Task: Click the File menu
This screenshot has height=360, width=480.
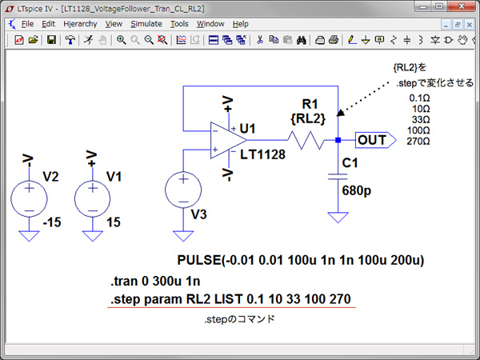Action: [27, 24]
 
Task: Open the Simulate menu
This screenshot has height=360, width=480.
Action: [146, 24]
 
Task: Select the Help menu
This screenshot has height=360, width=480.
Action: [240, 24]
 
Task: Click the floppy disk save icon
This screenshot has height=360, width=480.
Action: [51, 40]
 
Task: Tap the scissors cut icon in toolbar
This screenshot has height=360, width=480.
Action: [260, 40]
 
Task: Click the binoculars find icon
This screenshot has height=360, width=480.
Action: [302, 40]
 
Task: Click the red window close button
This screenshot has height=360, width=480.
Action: [462, 6]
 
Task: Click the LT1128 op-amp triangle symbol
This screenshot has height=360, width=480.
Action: [228, 140]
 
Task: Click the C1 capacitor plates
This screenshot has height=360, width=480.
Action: [338, 177]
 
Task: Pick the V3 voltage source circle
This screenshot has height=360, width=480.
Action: [183, 190]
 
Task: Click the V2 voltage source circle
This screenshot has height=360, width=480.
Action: [29, 198]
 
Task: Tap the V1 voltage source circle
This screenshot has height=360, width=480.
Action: [93, 198]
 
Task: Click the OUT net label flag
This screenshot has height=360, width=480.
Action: [376, 140]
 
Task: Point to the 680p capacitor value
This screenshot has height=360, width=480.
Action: [357, 190]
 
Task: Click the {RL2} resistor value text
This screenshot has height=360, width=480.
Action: [308, 118]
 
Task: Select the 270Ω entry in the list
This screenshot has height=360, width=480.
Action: [418, 141]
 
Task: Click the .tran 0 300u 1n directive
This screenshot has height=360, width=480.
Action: [155, 281]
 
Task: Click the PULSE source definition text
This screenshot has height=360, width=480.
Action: [301, 260]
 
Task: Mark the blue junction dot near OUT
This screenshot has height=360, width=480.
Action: [338, 140]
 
